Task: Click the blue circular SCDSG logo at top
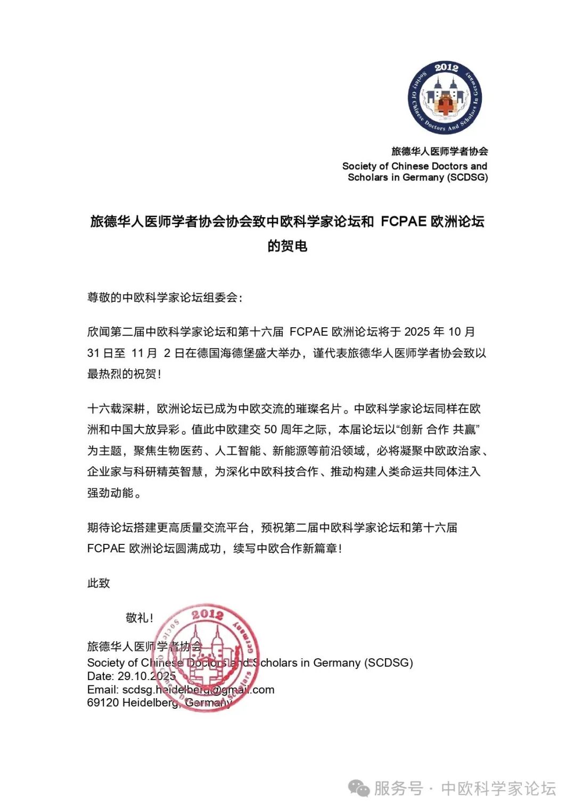(x=445, y=97)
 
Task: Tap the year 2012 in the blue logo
(x=446, y=68)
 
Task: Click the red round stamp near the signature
(x=209, y=657)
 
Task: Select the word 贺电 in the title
(x=294, y=246)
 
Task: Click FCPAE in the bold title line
(x=403, y=221)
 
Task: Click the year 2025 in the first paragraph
(x=417, y=332)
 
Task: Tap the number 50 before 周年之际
(x=270, y=429)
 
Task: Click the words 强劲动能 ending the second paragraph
(x=110, y=493)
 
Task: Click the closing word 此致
(x=98, y=583)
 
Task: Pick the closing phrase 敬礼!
(x=139, y=617)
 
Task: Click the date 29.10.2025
(x=146, y=676)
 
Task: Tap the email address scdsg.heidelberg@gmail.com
(x=198, y=690)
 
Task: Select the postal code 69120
(x=103, y=702)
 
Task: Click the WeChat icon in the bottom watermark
(x=359, y=788)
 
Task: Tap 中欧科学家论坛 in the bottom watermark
(x=498, y=788)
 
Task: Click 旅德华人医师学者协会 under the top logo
(x=440, y=151)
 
